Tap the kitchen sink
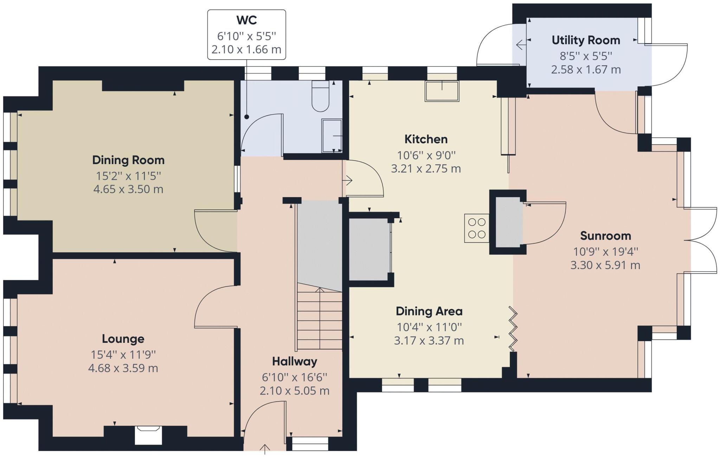coord(442,91)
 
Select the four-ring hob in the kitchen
coord(477,228)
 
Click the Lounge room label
coord(123,339)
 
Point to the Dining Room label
coord(128,160)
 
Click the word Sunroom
coord(605,236)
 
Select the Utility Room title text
coord(586,40)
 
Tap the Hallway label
coord(295,361)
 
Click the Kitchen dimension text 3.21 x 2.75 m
coord(426,169)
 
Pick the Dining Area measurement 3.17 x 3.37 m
coord(429,341)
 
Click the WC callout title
coord(246,20)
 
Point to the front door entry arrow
coord(265,450)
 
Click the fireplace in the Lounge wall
coord(148,435)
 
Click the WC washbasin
coord(332,136)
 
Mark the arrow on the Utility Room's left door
coord(521,45)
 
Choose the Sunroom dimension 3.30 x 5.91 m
coord(605,265)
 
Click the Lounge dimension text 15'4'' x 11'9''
coord(123,355)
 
